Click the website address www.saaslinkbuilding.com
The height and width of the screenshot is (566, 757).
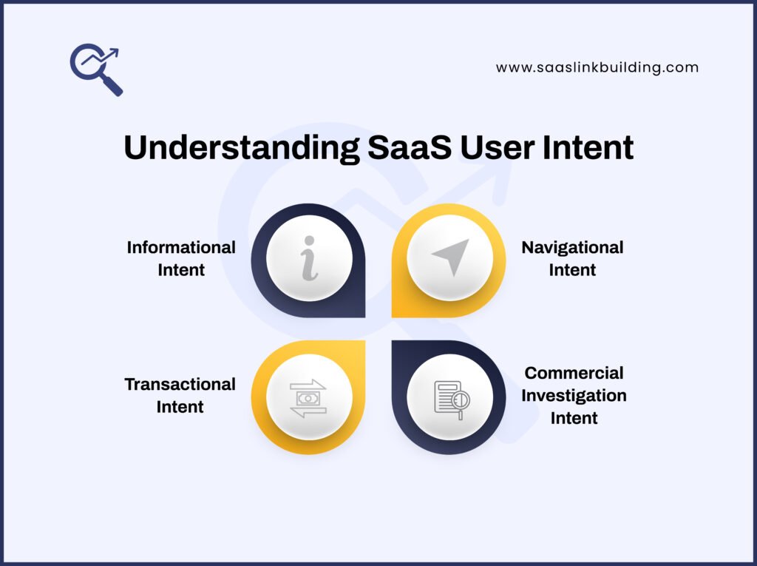597,67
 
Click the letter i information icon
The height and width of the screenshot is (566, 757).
309,258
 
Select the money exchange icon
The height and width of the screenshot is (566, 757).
308,397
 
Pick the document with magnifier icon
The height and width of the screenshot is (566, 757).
451,399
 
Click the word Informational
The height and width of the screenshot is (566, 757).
181,247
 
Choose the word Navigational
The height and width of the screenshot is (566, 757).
572,247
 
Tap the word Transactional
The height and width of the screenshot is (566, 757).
180,384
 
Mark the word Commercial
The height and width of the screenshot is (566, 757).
574,372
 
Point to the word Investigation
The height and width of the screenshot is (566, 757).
574,395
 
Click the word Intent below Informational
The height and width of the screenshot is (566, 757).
181,270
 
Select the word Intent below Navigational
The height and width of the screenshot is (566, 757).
572,270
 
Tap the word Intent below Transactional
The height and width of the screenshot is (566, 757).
180,407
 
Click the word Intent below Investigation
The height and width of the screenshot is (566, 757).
574,418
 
